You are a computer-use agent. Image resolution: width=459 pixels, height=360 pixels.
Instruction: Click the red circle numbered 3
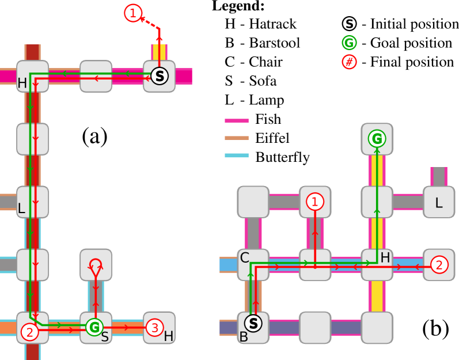pos(154,328)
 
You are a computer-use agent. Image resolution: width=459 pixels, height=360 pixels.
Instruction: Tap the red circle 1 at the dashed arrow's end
pos(133,13)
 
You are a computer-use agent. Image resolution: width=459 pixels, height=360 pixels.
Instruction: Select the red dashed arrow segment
pos(150,22)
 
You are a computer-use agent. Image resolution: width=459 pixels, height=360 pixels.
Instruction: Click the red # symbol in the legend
pos(349,62)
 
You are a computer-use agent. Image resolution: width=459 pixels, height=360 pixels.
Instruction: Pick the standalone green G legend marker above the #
pos(349,43)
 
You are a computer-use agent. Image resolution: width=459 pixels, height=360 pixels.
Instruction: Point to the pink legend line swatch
pos(236,121)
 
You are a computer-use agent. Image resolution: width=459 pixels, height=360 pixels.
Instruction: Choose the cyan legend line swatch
pos(236,156)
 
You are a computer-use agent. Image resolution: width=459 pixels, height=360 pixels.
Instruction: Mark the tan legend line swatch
pos(236,138)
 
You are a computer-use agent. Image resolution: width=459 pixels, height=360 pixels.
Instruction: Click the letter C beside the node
pos(244,258)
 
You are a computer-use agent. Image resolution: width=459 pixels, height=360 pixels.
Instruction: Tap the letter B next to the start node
pos(244,337)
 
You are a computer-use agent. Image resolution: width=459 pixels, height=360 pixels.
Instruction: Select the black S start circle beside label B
pos(253,324)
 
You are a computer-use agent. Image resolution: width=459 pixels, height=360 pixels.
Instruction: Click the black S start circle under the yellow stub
pos(160,76)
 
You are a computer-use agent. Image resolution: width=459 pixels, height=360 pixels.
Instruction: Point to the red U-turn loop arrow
pos(96,265)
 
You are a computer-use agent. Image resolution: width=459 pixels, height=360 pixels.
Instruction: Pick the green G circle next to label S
pos(94,327)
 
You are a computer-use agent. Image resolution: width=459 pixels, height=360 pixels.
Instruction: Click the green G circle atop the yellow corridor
pos(377,139)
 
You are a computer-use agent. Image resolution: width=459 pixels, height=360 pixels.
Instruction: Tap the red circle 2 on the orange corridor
pos(30,332)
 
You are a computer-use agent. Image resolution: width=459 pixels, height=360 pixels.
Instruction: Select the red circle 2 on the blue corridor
pos(439,264)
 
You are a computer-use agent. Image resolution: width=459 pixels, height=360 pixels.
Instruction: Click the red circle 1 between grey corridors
pos(314,202)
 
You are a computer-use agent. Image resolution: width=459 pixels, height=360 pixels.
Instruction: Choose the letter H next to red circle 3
pos(168,336)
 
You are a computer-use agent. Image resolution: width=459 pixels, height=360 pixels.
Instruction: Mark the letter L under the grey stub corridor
pos(439,203)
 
